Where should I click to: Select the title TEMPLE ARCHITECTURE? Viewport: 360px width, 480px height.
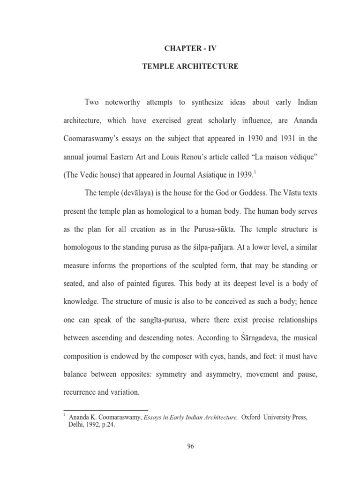click(190, 67)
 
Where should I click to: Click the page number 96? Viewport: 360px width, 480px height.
click(190, 446)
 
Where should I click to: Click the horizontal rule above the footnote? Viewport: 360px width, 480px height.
click(105, 410)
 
